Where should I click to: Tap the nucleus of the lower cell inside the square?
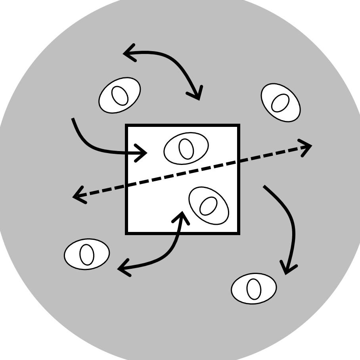click(x=209, y=206)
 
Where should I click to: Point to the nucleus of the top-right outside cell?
click(x=280, y=103)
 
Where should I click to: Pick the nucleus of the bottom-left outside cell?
click(x=87, y=255)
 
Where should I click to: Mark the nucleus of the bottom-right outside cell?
click(x=254, y=289)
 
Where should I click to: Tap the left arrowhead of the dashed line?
click(x=75, y=196)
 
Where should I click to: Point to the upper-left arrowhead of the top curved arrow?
click(x=125, y=53)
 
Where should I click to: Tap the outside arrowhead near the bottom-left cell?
click(x=120, y=270)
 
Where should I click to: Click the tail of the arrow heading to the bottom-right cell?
click(x=264, y=186)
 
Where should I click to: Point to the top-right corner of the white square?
click(x=239, y=126)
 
